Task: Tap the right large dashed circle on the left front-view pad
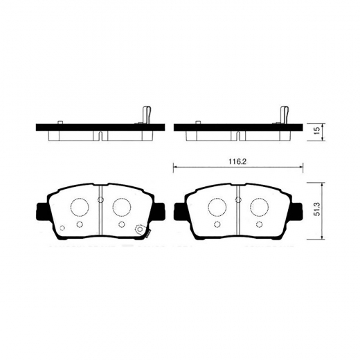point(121,207)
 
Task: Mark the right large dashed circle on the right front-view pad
point(258,207)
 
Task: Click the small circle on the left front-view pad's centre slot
point(100,201)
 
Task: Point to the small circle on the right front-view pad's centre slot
point(237,201)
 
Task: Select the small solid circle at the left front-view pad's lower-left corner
point(62,228)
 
